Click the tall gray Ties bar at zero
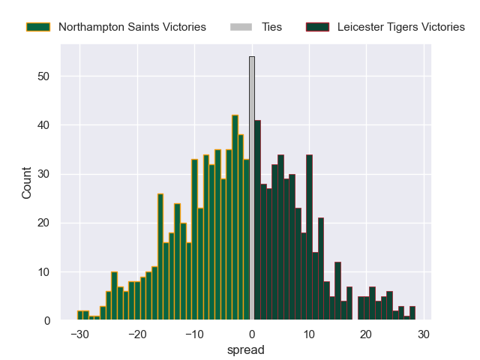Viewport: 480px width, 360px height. point(252,188)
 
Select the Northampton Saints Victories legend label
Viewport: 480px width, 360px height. point(132,27)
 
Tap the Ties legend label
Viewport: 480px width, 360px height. point(271,27)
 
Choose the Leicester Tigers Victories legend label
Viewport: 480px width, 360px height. point(400,27)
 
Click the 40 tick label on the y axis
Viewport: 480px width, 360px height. point(44,125)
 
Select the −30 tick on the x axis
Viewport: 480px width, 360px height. point(79,334)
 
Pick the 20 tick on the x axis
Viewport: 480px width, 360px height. point(366,334)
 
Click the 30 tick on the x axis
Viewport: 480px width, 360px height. point(423,334)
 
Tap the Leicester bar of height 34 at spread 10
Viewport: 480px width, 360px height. point(309,238)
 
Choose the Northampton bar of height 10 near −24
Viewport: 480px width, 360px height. point(114,296)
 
